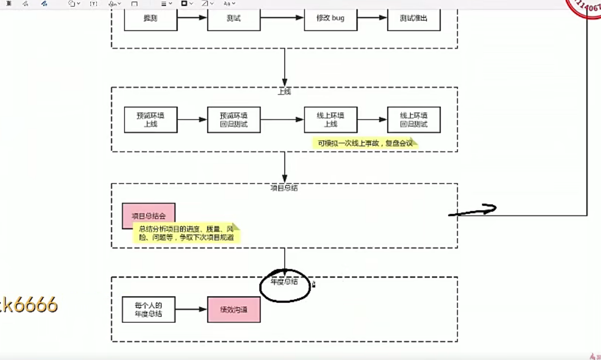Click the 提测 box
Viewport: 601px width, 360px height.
pos(150,19)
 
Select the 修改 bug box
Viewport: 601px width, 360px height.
pos(330,19)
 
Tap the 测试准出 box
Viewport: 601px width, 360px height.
pos(414,19)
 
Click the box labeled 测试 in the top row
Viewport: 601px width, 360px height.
pos(234,19)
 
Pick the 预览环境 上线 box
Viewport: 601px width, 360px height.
pos(150,120)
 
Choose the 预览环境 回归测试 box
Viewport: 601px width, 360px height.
pos(234,120)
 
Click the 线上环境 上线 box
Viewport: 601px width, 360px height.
pos(330,120)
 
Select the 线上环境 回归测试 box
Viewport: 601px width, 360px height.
pos(414,120)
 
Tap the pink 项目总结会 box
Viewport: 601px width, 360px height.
pos(148,215)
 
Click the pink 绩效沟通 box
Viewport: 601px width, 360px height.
pos(234,309)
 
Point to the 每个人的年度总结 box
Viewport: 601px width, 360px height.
pos(148,309)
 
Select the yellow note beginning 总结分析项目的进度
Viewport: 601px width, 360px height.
pos(186,233)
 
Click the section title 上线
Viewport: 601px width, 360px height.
pos(284,91)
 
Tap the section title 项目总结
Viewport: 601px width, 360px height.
pos(284,188)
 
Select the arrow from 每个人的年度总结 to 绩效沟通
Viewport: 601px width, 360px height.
pos(191,309)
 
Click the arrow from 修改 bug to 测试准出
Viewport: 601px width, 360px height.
pos(372,18)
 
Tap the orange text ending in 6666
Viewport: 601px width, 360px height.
pos(29,305)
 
